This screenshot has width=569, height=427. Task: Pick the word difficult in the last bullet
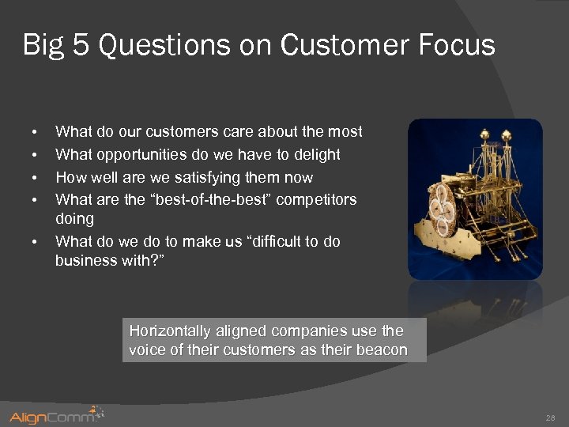click(270, 241)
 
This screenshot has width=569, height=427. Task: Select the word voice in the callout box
click(146, 350)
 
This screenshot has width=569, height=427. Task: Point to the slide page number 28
click(550, 417)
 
